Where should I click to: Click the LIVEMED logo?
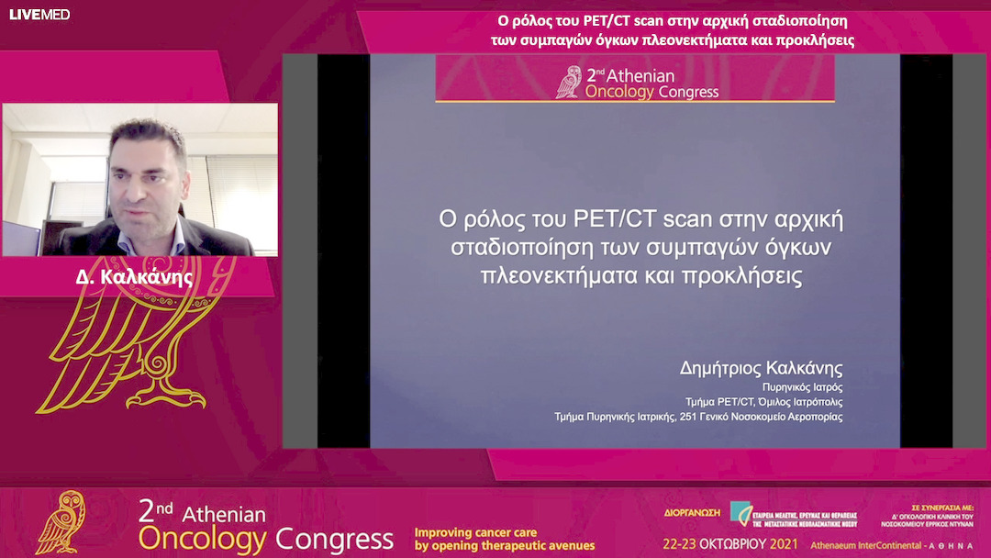(x=39, y=15)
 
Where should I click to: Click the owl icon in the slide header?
(x=570, y=82)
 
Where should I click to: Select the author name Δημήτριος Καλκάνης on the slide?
(x=761, y=370)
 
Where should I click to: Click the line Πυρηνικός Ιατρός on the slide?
(x=803, y=387)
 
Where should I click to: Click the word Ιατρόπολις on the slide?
(x=814, y=402)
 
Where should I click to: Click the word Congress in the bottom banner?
(x=334, y=537)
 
